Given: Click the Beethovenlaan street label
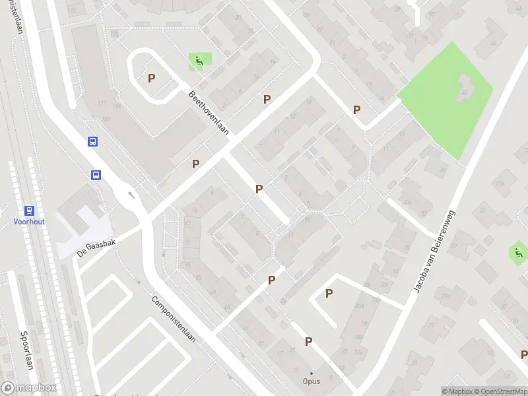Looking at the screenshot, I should pyautogui.click(x=209, y=113).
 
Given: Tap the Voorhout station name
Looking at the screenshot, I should pyautogui.click(x=29, y=222).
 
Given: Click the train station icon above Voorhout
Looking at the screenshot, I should pyautogui.click(x=29, y=211).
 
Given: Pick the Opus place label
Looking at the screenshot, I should pyautogui.click(x=312, y=381).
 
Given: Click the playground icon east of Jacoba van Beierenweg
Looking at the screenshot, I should pyautogui.click(x=518, y=251).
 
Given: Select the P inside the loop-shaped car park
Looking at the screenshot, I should pyautogui.click(x=152, y=78).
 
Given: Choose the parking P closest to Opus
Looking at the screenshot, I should pyautogui.click(x=308, y=341).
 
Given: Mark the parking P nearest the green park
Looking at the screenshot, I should pyautogui.click(x=357, y=110).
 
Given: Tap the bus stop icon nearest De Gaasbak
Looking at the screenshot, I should pyautogui.click(x=96, y=175).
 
